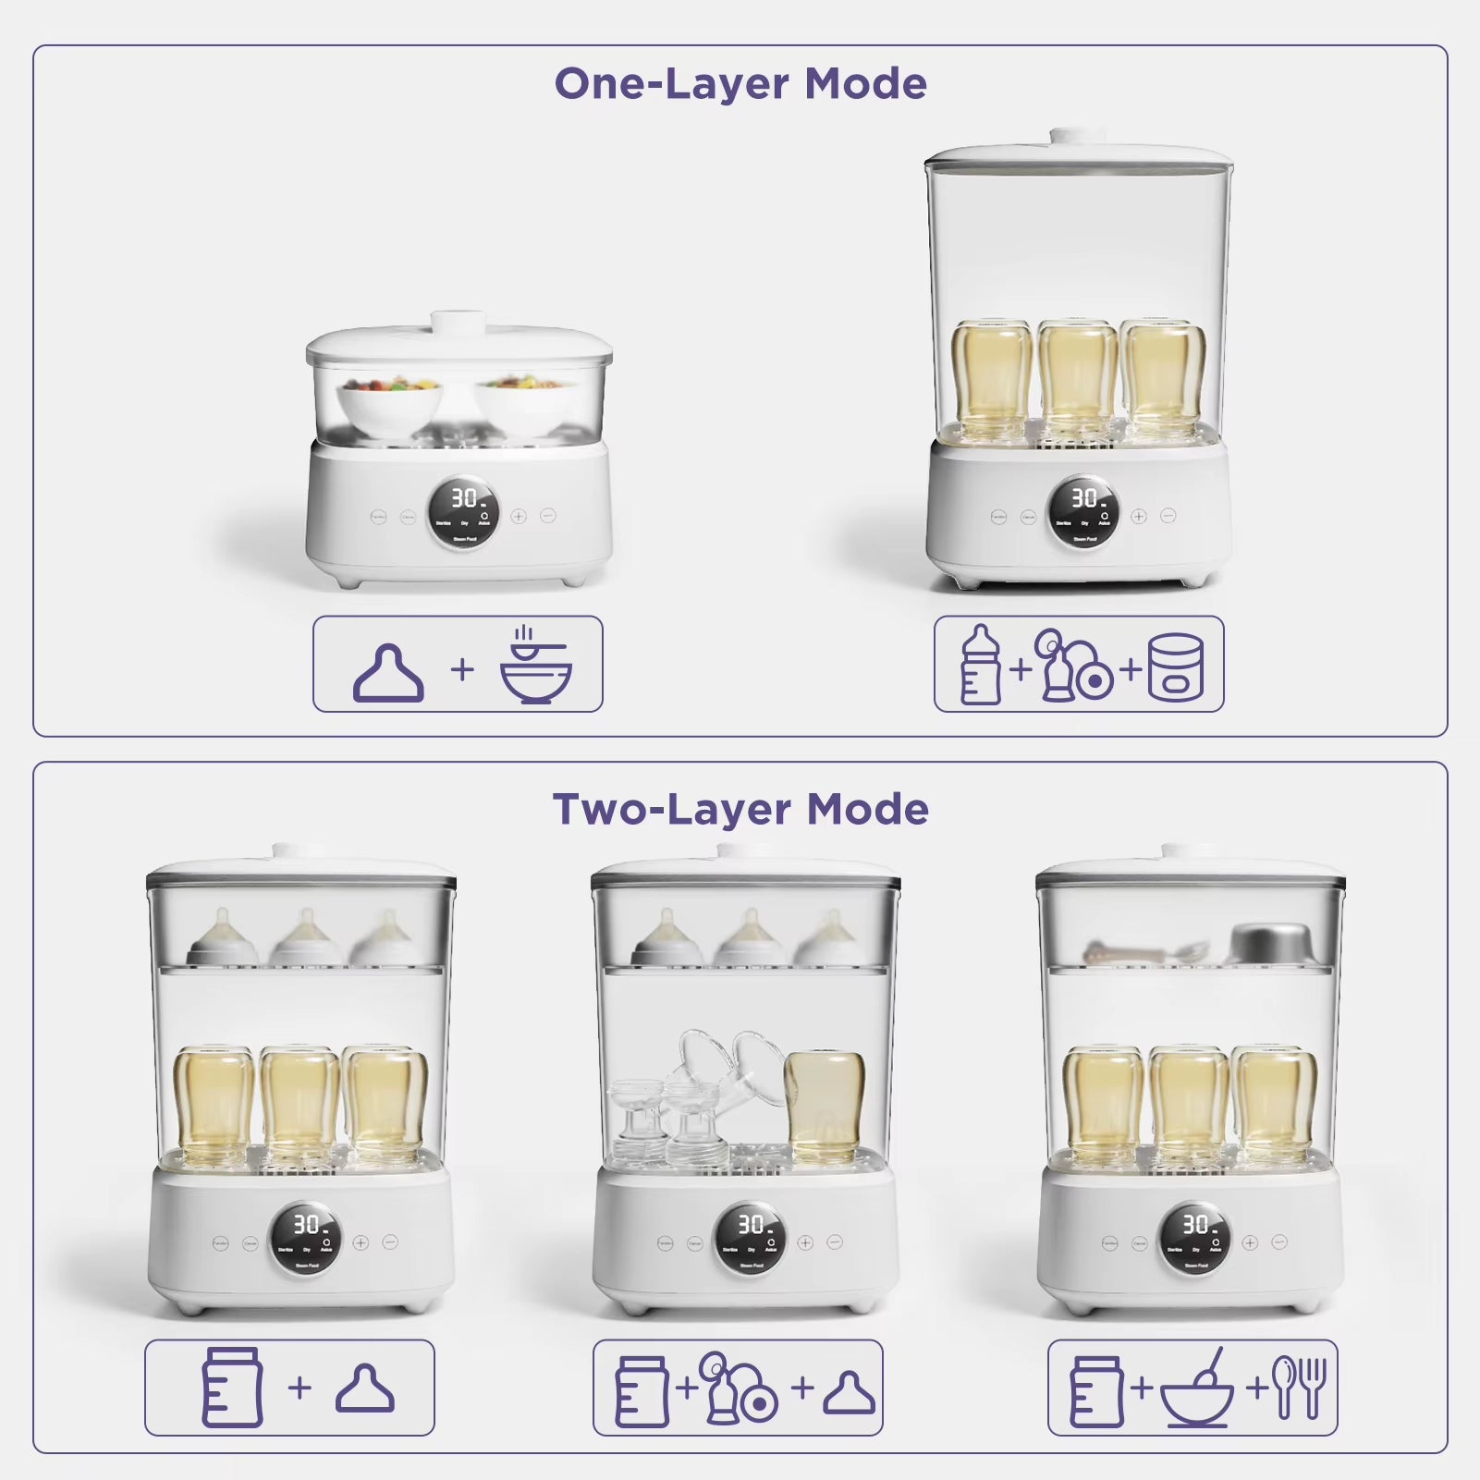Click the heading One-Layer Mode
point(740,84)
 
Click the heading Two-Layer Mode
point(740,810)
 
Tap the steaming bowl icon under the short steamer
point(535,666)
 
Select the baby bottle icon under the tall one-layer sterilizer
point(980,666)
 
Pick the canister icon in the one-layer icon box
point(1175,667)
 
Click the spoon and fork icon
point(1299,1387)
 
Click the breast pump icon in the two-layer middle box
point(737,1388)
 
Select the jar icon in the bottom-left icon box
point(232,1387)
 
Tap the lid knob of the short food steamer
point(459,322)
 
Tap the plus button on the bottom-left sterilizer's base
point(361,1243)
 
